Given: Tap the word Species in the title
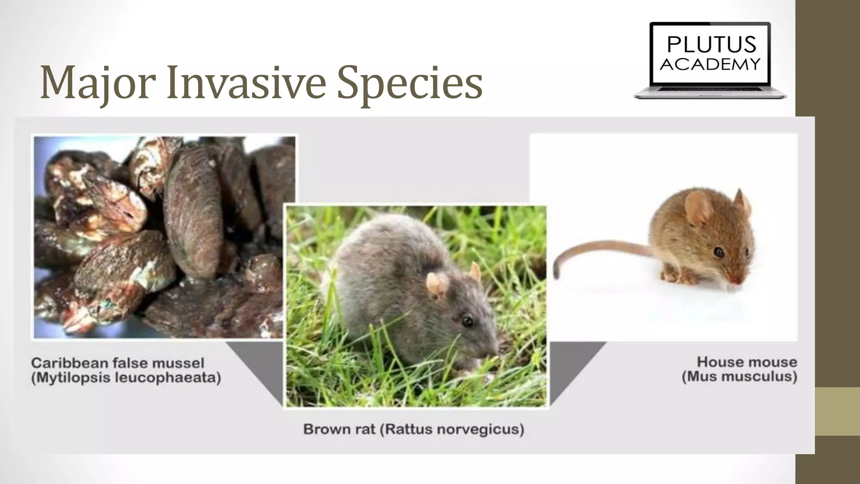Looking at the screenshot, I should pyautogui.click(x=410, y=83).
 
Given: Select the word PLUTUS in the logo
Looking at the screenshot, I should pyautogui.click(x=711, y=45).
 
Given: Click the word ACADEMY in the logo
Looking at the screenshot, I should pyautogui.click(x=710, y=64).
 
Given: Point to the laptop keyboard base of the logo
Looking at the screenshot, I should pyautogui.click(x=710, y=93).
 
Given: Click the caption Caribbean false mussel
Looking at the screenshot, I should pyautogui.click(x=118, y=363).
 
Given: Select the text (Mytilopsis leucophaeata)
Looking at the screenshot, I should pyautogui.click(x=126, y=378).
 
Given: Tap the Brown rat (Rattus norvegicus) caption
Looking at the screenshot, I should pyautogui.click(x=414, y=429).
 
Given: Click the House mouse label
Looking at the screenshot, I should pyautogui.click(x=747, y=362).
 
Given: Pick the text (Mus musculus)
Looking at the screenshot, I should pyautogui.click(x=739, y=376).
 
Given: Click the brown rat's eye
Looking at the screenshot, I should pyautogui.click(x=467, y=322).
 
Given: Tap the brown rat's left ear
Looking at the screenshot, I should pyautogui.click(x=437, y=284).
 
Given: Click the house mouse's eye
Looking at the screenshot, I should pyautogui.click(x=719, y=252).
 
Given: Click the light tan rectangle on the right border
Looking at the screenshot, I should pyautogui.click(x=837, y=411).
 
